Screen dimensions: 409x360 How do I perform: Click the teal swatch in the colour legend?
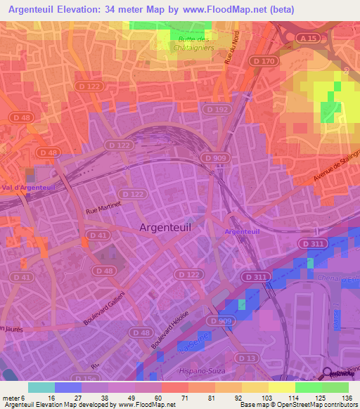click(41, 387)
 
